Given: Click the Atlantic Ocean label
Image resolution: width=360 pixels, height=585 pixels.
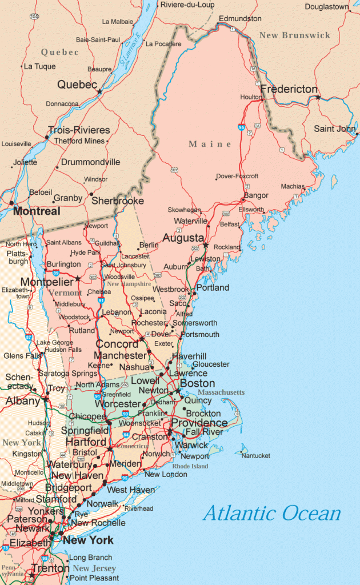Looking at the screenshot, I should coord(271,513).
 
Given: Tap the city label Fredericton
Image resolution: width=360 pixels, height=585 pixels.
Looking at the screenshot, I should coord(289,89).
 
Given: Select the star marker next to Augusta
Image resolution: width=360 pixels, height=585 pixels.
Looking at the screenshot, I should coord(205,246).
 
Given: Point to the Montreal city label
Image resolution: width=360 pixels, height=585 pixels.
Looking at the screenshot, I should coord(37,211).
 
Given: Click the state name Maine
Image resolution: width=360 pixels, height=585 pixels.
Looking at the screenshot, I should coord(210,144).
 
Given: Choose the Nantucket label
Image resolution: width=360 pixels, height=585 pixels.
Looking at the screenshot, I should coord(255,456).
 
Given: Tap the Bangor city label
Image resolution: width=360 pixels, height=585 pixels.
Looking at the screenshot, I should coord(256,195).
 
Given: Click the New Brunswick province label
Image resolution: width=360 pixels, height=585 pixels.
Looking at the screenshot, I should coord(295,35).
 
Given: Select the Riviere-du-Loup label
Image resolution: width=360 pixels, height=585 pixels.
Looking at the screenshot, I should coord(187,5).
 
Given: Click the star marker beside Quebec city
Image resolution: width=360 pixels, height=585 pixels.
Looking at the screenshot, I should coord(99,91).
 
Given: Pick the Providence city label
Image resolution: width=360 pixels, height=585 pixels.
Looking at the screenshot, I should coord(199,423).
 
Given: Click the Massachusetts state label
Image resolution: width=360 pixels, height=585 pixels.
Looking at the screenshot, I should coord(221,392).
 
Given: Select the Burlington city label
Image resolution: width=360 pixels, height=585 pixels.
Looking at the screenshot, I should coord(63,265).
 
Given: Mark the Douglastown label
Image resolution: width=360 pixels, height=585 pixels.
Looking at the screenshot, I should coord(327,7).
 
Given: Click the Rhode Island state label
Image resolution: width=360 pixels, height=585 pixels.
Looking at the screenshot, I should coord(191,466).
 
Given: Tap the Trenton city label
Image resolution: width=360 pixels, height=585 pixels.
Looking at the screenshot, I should coord(50,568).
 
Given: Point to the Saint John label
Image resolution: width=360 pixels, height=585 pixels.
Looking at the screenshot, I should coord(334,129).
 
